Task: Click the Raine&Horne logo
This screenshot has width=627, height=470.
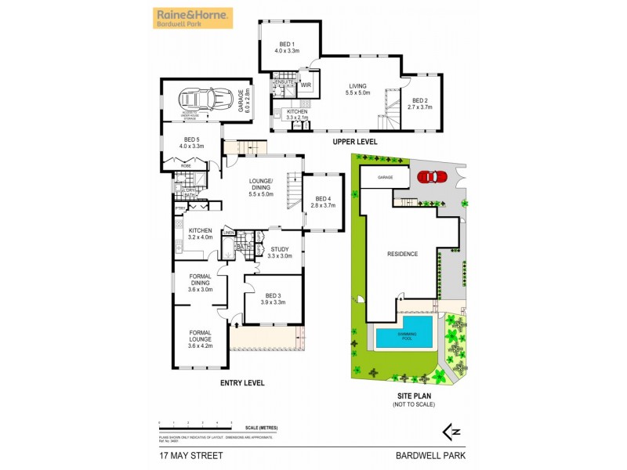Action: coord(193,18)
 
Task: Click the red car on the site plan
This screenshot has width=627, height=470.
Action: coord(429,176)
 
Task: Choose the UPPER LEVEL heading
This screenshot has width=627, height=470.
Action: coord(354,142)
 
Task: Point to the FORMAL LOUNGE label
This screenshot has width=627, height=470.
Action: coord(201,338)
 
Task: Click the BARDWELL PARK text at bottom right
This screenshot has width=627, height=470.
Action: coord(440,454)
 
